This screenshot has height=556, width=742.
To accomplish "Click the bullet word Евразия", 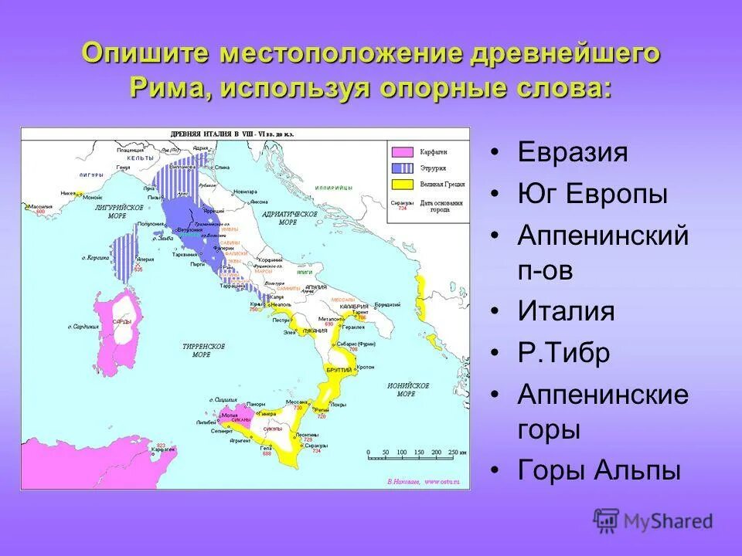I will tap(572, 152).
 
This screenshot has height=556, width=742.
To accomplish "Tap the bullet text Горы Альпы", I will tap(599, 470).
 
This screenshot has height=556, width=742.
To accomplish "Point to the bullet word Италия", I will tap(567, 312).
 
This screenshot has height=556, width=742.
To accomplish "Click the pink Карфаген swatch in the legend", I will tap(402, 152).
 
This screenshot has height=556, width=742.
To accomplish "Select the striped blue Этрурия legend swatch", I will tap(402, 168).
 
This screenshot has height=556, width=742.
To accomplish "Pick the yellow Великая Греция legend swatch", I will tap(402, 184).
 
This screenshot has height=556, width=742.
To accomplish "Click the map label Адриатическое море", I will tap(287, 217).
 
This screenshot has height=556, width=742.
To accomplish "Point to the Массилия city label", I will tap(42, 206).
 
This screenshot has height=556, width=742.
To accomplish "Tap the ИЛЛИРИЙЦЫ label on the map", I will tap(334, 188).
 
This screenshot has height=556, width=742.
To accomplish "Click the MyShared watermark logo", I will tap(653, 521).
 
